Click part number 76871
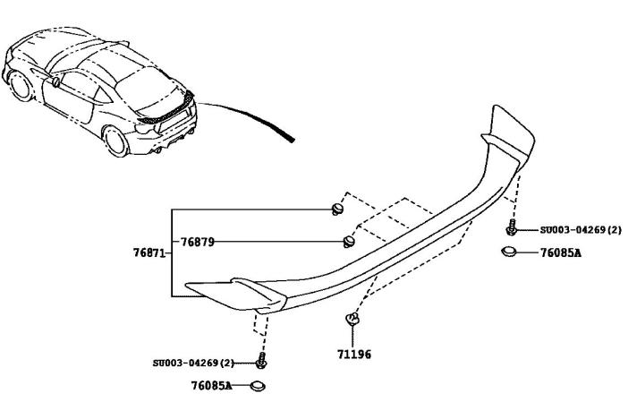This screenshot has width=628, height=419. (149, 253)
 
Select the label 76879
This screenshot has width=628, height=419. (197, 242)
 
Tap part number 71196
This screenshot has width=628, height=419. (354, 355)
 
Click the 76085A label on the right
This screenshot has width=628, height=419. (561, 253)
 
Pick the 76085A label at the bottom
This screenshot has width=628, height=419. (211, 386)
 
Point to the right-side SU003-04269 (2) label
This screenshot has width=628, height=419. (581, 230)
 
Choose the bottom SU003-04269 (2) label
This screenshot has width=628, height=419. (193, 363)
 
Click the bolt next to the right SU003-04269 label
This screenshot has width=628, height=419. (511, 227)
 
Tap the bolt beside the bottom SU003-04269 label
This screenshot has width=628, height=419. (261, 361)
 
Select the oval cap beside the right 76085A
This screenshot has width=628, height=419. (508, 252)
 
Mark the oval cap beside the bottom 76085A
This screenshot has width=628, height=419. (258, 386)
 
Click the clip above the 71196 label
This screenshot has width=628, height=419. (352, 319)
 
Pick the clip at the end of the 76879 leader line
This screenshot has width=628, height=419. (349, 242)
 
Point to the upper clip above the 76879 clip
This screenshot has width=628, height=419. (338, 209)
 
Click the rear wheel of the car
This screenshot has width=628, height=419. (115, 141)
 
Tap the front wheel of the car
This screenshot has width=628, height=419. (20, 86)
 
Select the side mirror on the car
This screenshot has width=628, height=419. (56, 81)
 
